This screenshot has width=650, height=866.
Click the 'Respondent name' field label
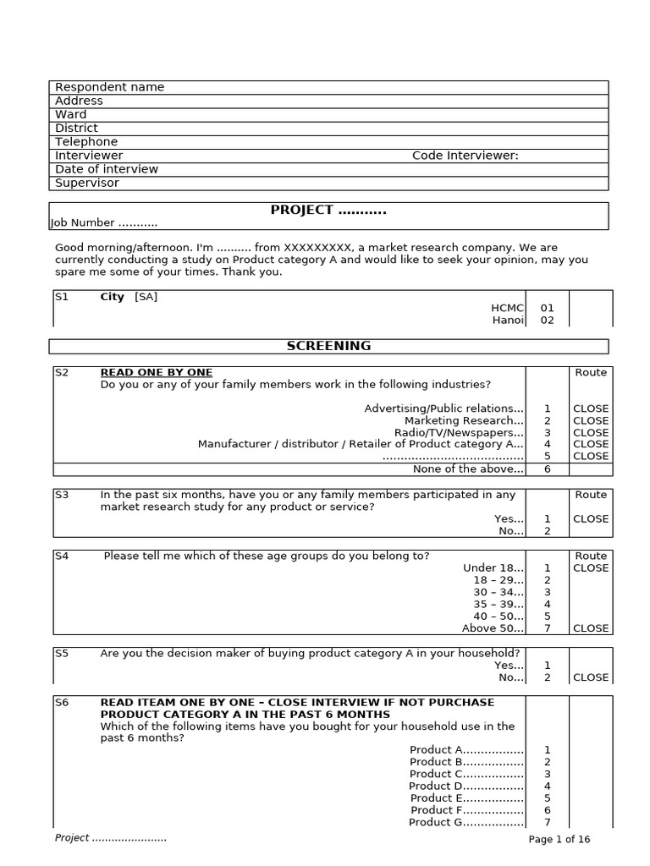[x=109, y=87]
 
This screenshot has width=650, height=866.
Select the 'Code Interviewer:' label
[x=465, y=156]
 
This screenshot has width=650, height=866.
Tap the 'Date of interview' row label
[x=106, y=169]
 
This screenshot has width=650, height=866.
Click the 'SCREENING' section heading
[x=328, y=346]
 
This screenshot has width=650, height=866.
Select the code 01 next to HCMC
[x=547, y=309]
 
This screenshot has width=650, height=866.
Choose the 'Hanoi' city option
[x=508, y=321]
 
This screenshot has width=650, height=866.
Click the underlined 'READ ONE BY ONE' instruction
[x=157, y=372]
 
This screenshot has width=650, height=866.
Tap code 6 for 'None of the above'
[x=547, y=469]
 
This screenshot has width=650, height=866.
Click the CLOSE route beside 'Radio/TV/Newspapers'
[x=591, y=432]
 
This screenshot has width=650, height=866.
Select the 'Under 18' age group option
[x=493, y=568]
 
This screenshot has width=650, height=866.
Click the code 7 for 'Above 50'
[x=547, y=628]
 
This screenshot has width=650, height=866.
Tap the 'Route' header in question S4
[x=591, y=556]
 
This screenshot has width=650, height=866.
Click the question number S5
[x=62, y=653]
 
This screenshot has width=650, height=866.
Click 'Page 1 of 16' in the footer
[x=559, y=839]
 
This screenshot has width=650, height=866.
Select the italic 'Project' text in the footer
[x=72, y=837]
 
